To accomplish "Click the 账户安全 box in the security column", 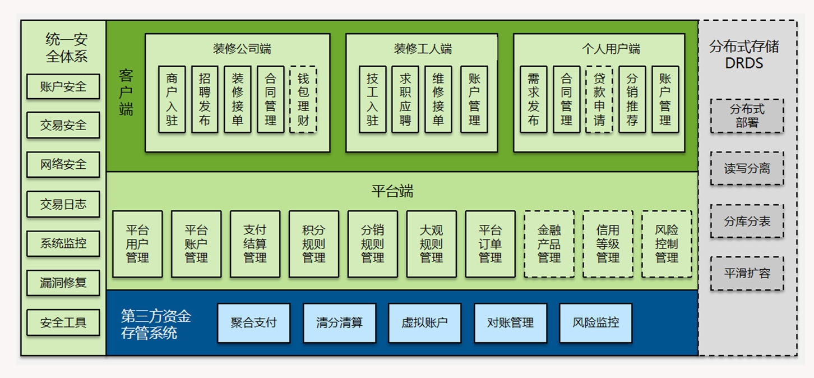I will (63, 87).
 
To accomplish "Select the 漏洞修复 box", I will (63, 283).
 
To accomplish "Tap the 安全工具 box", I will (63, 322).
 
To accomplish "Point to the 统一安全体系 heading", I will (66, 48).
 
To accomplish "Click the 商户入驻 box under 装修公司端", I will (172, 100).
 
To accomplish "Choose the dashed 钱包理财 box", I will (303, 100).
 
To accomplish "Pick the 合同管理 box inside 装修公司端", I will (270, 100).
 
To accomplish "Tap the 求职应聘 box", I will (405, 100).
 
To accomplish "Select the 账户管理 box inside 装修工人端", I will (474, 100).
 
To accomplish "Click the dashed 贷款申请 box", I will (599, 100).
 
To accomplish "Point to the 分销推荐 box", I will (632, 100).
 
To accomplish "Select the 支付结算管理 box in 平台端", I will (255, 244).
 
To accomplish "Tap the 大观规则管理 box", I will (431, 244).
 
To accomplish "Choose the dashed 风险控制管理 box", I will (667, 244).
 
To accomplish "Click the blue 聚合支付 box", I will (253, 323).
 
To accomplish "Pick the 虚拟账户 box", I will (424, 323).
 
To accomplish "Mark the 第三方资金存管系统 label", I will (156, 324).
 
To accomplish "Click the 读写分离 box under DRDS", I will (747, 168).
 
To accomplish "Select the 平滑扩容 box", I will (747, 273).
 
